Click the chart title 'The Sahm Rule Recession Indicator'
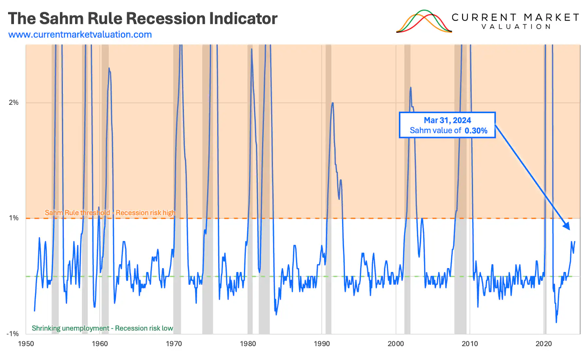[143, 19]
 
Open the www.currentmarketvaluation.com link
[80, 35]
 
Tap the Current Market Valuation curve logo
[424, 22]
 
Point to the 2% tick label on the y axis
[14, 103]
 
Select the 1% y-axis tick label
[14, 218]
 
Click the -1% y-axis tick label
[13, 334]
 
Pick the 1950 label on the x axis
[26, 344]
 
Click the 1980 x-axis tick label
[248, 344]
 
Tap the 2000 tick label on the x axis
[396, 344]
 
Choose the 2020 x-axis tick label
[543, 344]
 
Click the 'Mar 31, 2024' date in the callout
[447, 120]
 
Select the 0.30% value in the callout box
[476, 131]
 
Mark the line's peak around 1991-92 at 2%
[333, 103]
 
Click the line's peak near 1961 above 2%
[109, 68]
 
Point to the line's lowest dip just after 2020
[556, 322]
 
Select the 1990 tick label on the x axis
[322, 344]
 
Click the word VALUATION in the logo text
[516, 27]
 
